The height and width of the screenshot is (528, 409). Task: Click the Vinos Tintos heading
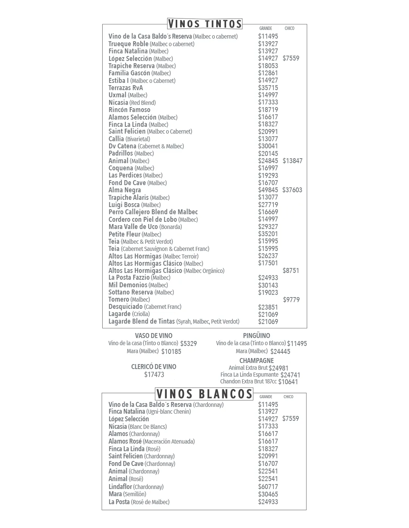point(204,24)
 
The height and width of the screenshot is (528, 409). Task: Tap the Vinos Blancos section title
point(204,394)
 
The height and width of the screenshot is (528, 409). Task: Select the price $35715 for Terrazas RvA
point(268,88)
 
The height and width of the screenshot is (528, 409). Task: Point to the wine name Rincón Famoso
point(129,110)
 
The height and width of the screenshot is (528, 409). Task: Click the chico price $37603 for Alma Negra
point(292,190)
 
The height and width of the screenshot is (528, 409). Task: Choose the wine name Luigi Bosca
point(124,205)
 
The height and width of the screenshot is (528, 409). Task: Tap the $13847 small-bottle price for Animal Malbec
point(292,161)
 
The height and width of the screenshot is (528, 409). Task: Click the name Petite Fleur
point(124,234)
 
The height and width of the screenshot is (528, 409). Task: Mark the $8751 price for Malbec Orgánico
point(291,271)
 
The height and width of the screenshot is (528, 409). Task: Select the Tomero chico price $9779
point(291,300)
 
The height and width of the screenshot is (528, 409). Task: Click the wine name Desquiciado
point(125,307)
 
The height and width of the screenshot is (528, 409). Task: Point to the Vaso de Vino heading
point(153,336)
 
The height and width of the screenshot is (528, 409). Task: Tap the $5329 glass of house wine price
point(188,344)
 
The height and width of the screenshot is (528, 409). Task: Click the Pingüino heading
point(256,336)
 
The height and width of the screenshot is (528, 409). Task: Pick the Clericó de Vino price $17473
point(154,375)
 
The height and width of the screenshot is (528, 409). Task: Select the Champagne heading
point(256,361)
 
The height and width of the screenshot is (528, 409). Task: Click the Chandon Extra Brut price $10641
point(288,382)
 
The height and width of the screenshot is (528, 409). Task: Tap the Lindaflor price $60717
point(268,487)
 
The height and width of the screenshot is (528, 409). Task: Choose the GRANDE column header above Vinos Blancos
point(265,397)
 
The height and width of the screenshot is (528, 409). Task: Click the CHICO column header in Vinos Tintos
point(289,28)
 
